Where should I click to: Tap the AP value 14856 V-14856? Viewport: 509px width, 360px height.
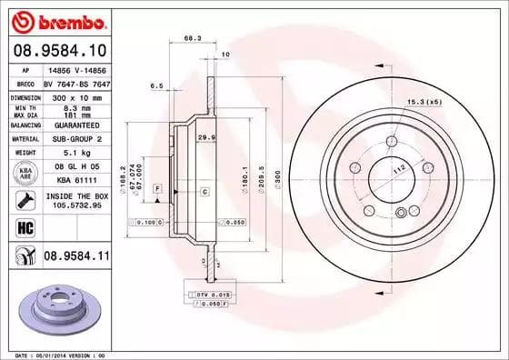coord(75,69)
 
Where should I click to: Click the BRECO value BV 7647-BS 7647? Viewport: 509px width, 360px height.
coord(76,83)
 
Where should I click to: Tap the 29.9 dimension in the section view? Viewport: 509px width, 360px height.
coord(205,136)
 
